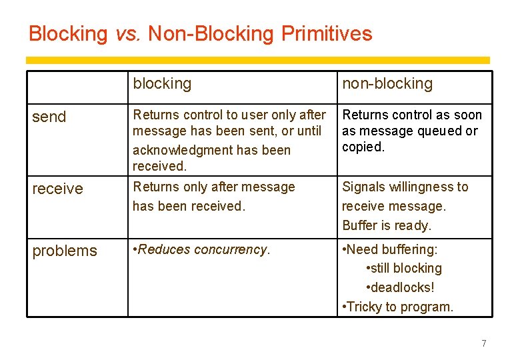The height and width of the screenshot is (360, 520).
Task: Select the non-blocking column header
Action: click(x=387, y=83)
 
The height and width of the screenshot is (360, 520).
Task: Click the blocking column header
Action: click(x=162, y=83)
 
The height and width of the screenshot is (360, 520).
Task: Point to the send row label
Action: click(x=49, y=117)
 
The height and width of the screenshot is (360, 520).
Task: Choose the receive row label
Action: click(x=57, y=189)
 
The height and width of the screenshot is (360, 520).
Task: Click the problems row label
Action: click(x=65, y=251)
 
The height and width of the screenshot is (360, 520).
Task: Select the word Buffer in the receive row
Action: click(x=360, y=225)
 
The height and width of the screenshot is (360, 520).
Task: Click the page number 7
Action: click(x=484, y=343)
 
